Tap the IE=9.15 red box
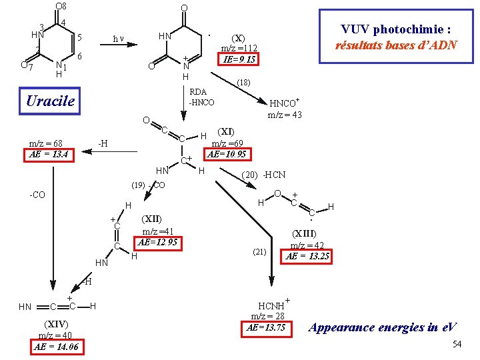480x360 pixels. [238, 59]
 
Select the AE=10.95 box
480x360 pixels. [227, 154]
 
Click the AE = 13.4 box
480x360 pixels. [49, 155]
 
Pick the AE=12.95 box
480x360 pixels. [158, 243]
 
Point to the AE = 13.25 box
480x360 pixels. [306, 257]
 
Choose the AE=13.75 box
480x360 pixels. [266, 329]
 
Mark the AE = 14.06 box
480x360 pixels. [57, 347]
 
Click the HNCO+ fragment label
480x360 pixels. [284, 103]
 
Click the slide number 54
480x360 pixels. [457, 344]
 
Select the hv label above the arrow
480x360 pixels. [118, 39]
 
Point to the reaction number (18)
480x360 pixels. [244, 83]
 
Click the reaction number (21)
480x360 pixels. [259, 252]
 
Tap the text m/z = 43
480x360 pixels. [285, 115]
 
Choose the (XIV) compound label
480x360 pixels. [56, 324]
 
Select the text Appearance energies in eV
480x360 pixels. [383, 327]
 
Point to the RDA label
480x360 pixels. [198, 92]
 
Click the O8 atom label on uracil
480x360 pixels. [61, 6]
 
